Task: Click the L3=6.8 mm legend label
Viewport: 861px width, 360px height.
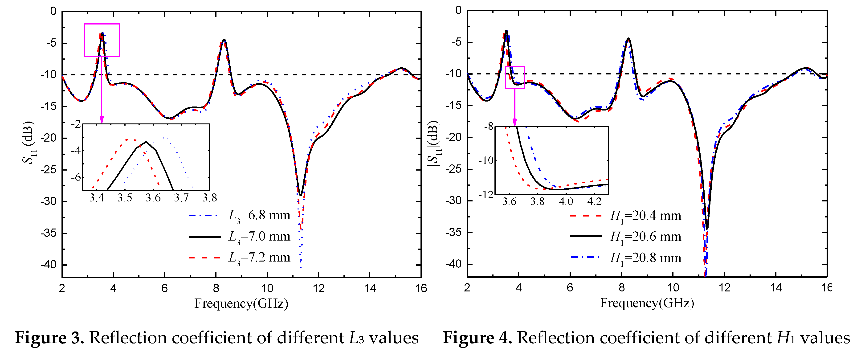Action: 259,216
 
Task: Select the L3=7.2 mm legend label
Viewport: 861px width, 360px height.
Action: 259,258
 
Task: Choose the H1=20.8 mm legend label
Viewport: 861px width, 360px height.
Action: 645,258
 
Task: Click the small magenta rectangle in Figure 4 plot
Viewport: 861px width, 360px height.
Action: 514,66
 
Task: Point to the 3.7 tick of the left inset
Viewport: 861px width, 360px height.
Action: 181,198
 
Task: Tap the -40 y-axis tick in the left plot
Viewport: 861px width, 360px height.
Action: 49,265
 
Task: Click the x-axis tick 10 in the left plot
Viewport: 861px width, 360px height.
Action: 267,288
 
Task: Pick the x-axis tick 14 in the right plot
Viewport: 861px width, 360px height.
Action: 776,287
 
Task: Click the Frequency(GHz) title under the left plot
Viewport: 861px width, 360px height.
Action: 241,303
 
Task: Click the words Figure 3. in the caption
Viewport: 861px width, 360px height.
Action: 49,338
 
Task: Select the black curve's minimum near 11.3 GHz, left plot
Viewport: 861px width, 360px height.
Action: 301,195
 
